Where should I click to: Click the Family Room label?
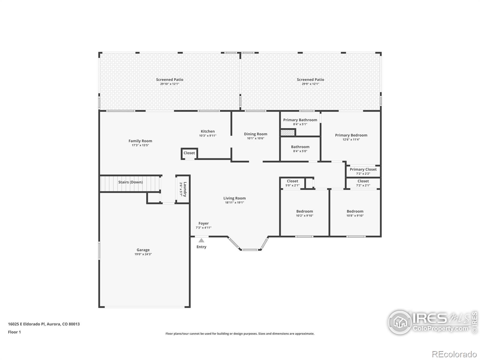coord(140,141)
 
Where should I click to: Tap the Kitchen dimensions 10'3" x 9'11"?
coord(208,136)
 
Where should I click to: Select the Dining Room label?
coord(255,134)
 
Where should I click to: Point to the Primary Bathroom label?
coord(300,120)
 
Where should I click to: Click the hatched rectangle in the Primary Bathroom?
coord(288,133)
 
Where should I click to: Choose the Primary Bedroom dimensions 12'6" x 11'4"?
coord(351,139)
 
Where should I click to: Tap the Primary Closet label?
coord(363,169)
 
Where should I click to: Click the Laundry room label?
coord(185,189)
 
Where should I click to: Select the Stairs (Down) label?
coord(130,182)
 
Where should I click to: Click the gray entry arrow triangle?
coord(201,240)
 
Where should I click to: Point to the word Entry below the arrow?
coord(201,247)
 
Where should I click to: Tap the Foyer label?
coord(203,223)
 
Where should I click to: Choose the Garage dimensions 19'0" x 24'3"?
coord(143,254)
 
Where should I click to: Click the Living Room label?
coord(234,198)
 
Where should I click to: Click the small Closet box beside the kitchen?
coord(189,153)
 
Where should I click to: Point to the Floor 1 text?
coord(14,332)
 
